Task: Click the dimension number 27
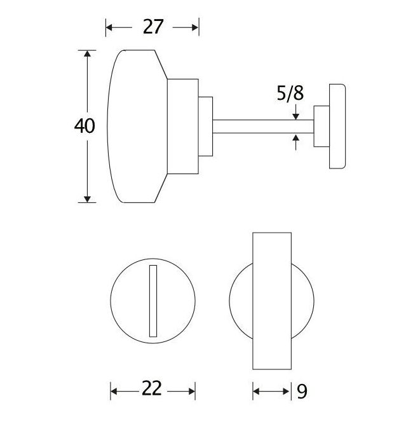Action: point(153,27)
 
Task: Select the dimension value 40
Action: point(85,126)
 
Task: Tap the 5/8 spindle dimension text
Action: point(290,93)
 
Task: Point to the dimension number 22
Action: point(152,389)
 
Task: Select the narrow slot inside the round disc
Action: point(152,301)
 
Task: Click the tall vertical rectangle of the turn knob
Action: point(272,301)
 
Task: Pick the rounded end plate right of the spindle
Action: point(337,126)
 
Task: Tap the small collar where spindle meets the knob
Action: point(205,126)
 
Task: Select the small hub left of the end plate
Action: point(322,126)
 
